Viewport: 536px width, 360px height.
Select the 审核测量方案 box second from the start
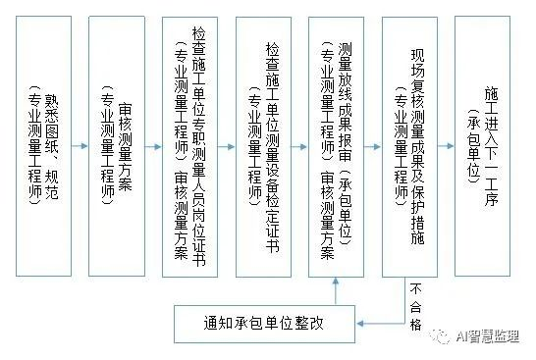116,145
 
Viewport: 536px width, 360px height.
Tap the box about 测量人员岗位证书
189,145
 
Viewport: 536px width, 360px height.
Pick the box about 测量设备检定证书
263,145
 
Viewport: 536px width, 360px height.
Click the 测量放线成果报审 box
337,145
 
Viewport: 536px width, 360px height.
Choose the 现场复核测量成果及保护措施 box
409,145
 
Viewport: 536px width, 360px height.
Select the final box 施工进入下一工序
483,145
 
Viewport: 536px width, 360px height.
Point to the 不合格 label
415,303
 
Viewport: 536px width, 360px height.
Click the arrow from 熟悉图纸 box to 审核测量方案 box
80,146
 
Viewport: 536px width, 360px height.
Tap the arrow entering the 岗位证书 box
153,146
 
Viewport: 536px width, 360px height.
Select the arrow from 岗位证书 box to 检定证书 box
227,146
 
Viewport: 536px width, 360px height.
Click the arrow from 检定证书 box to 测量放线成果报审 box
300,146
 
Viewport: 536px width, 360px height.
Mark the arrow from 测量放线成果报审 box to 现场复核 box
373,146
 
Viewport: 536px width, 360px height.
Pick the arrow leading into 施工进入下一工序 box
447,146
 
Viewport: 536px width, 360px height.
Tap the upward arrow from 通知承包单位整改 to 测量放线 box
337,290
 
